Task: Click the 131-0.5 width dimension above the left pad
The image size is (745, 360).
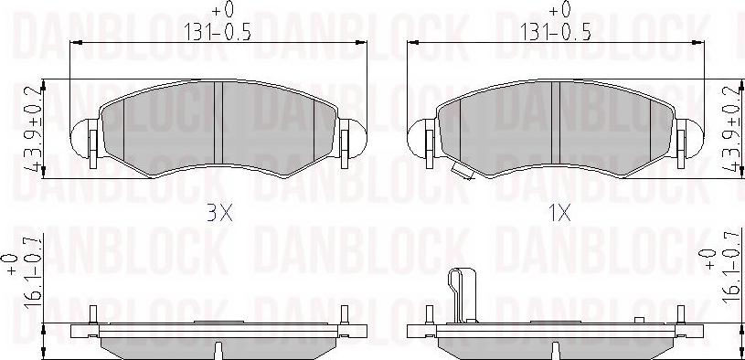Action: point(219,29)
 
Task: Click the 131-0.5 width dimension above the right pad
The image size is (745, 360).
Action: point(557,29)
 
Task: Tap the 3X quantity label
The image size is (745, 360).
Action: point(219,215)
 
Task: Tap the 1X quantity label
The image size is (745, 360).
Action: point(559,215)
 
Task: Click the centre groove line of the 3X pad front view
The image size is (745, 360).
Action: point(221,123)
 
